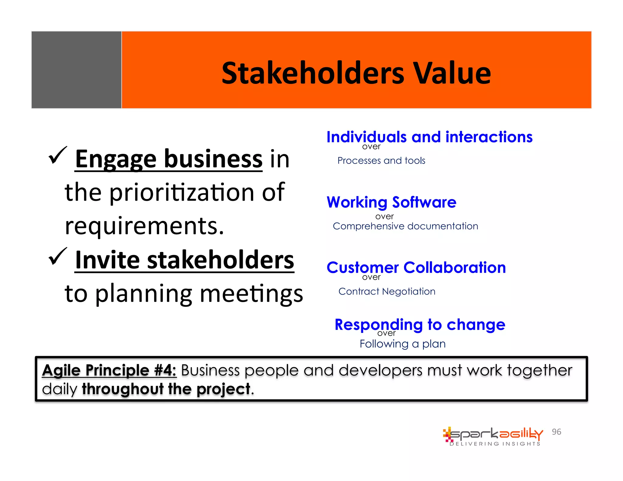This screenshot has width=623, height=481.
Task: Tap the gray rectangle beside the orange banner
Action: click(x=76, y=70)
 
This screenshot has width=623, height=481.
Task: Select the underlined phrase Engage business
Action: click(x=169, y=159)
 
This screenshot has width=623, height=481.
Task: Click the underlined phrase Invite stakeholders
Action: click(x=184, y=260)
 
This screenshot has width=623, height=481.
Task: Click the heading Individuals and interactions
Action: click(x=429, y=137)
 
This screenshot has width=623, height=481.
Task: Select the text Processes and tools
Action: click(x=381, y=161)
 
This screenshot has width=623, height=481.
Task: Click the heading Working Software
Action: click(x=391, y=202)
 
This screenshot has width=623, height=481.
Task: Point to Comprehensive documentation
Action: click(x=405, y=226)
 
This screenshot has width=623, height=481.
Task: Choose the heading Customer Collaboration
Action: click(x=416, y=268)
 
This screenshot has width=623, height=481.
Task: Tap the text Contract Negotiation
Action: click(x=387, y=291)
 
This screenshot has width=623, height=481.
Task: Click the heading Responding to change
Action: click(x=420, y=324)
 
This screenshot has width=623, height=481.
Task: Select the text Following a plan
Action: click(x=402, y=344)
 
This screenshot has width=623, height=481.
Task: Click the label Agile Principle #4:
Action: click(x=109, y=370)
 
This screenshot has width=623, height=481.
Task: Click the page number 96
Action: click(x=556, y=432)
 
